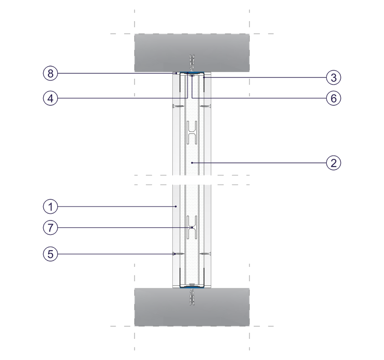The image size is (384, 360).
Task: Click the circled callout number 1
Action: point(50,207)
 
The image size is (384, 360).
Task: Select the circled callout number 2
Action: point(334,162)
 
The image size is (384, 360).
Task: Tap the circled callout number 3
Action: point(334,77)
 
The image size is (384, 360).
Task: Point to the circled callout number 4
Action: point(50,99)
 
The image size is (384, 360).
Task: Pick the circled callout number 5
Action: point(50,254)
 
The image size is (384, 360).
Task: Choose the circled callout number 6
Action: point(334,99)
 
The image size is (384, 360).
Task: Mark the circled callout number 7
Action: point(50,228)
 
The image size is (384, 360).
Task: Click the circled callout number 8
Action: point(50,73)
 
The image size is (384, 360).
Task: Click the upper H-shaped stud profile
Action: point(192,132)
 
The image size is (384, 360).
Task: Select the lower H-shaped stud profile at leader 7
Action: point(192,227)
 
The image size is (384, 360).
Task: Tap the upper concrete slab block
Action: point(192,53)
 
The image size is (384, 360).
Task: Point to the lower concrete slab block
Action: point(192,307)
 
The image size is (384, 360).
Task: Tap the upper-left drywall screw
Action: point(179,106)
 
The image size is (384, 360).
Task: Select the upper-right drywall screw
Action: point(205,106)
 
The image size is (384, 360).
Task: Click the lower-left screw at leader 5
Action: point(179,254)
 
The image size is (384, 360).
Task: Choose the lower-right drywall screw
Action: point(205,254)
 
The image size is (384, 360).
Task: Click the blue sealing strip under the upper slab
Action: point(192,72)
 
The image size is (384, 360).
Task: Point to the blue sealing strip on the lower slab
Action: point(192,288)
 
